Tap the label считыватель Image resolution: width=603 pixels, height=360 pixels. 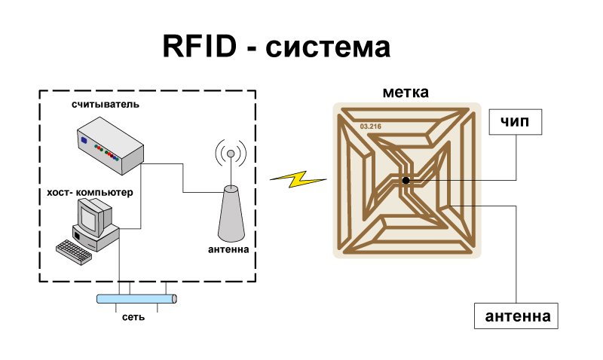click(106, 104)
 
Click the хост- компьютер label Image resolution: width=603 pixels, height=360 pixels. click(90, 193)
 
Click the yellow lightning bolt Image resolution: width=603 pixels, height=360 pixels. click(298, 179)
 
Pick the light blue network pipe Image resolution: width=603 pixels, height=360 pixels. click(136, 298)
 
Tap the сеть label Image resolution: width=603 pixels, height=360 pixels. click(133, 316)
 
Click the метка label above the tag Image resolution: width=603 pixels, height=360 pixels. click(406, 93)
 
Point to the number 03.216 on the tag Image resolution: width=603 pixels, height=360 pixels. click(371, 126)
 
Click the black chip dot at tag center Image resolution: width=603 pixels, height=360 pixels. click(406, 181)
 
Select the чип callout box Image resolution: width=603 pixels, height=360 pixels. click(516, 121)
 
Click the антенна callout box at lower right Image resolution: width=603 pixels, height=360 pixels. click(516, 316)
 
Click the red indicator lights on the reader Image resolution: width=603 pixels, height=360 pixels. click(111, 156)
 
